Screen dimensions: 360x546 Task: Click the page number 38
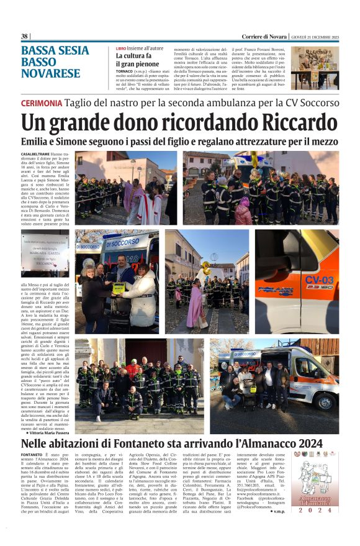25,36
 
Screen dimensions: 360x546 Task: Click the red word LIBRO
121,48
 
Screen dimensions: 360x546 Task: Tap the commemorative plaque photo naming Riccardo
45,254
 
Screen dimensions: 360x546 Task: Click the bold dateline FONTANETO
32,455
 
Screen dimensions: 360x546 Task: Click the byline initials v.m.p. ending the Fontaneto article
278,529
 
